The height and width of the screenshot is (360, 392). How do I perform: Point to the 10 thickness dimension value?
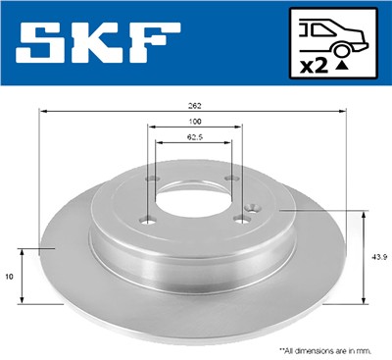coord(10,278)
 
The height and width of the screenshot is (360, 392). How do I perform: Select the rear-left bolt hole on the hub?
coord(155,179)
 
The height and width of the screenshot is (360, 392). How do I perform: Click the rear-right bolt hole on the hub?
coord(230,178)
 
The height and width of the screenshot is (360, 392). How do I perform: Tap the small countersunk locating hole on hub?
coord(252,208)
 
